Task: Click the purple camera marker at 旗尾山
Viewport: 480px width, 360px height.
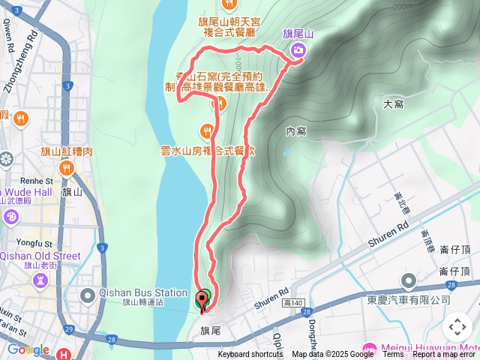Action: tap(298, 50)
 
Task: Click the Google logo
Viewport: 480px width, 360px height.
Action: tap(28, 349)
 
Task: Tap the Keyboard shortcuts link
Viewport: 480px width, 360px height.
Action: tap(250, 355)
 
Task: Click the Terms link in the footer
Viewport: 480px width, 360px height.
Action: tap(393, 355)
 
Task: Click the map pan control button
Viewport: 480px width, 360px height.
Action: tap(457, 327)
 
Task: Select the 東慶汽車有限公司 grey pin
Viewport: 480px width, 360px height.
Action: tap(409, 282)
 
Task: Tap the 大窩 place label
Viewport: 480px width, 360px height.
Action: tap(394, 104)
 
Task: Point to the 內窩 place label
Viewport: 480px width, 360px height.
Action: tap(296, 131)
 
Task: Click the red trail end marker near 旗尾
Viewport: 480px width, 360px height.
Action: tap(200, 304)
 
